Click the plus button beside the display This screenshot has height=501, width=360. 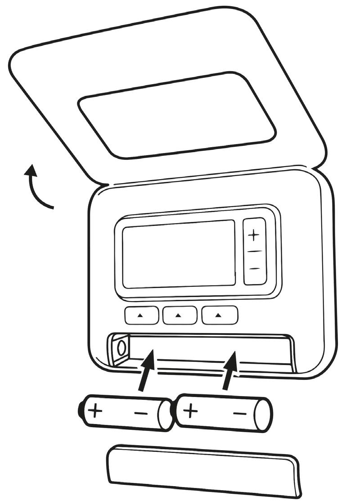point(255,235)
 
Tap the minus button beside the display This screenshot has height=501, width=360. point(255,269)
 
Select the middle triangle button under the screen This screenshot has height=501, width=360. point(179,315)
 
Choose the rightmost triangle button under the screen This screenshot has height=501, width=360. point(219,315)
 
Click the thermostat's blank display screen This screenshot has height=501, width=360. point(179,253)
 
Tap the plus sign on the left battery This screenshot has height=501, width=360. point(95,411)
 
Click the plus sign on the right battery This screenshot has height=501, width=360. point(191,411)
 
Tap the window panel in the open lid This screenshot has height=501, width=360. point(177,115)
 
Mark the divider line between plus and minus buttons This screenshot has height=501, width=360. point(255,252)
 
